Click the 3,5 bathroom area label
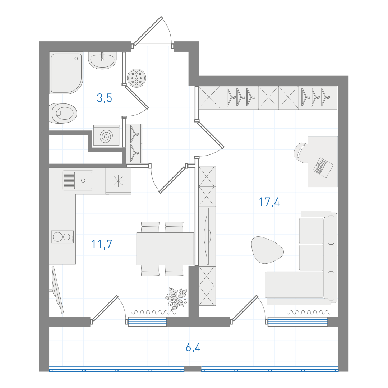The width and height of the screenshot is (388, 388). point(105,98)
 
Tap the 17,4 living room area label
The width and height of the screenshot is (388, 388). point(269,202)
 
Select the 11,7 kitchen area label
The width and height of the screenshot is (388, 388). point(102,244)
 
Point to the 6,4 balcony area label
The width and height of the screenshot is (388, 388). point(193,347)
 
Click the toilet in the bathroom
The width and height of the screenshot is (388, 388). point(63,113)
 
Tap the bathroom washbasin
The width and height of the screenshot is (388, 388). point(102,60)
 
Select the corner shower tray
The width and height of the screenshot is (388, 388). point(66,73)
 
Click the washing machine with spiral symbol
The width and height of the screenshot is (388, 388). point(106,135)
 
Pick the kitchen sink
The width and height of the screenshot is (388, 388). point(78,180)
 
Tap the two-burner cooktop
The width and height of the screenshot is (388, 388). point(63,237)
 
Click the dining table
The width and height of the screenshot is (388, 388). point(165,249)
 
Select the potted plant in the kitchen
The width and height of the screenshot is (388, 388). point(176,298)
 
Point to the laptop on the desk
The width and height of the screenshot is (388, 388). point(323,167)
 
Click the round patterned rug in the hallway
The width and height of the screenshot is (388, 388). point(137,78)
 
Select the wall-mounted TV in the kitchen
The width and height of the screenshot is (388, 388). point(56,290)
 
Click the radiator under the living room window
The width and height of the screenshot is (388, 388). point(298,322)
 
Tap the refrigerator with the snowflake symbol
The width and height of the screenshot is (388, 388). point(119,181)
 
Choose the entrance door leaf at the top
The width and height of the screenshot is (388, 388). point(148,31)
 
